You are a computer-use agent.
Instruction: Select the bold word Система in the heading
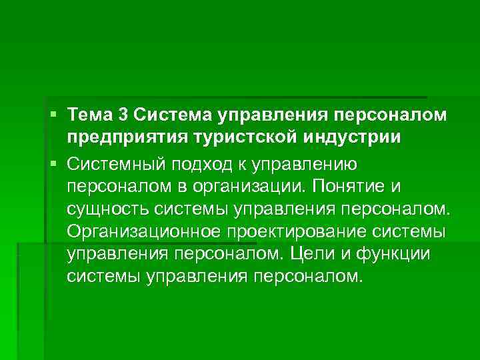(171, 116)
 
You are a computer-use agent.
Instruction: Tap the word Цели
(347, 254)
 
